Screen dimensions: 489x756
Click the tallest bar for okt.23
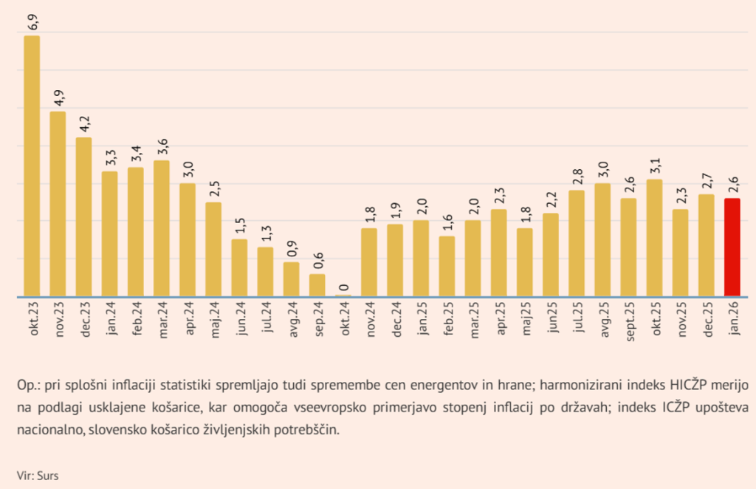coord(32,166)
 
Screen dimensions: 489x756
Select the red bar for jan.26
coord(732,247)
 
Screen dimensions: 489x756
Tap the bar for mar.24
coord(162,228)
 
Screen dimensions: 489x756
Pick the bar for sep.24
coord(317,285)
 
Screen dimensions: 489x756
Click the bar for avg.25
coord(602,240)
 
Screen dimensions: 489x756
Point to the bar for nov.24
coord(369,262)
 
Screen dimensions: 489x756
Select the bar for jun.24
coord(239,267)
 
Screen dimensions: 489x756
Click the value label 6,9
coord(32,21)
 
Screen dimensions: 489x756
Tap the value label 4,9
coord(58,97)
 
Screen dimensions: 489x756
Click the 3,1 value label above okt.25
coord(655,165)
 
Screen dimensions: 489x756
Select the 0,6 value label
coord(317,260)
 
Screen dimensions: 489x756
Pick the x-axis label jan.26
coord(733,320)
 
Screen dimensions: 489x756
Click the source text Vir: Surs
coord(38,476)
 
